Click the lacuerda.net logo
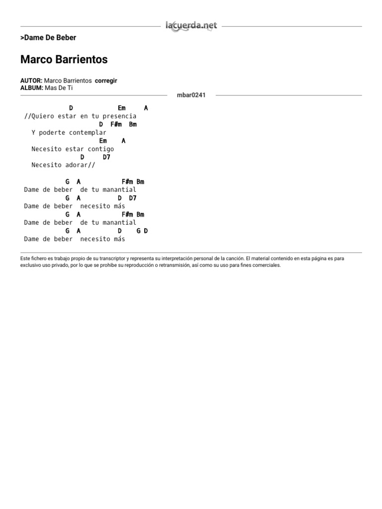pyautogui.click(x=191, y=26)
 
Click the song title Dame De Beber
pyautogui.click(x=48, y=38)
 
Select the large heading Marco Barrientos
pyautogui.click(x=64, y=60)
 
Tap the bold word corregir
pyautogui.click(x=106, y=81)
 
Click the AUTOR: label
pyautogui.click(x=31, y=81)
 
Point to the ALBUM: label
pyautogui.click(x=31, y=87)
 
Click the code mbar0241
pyautogui.click(x=191, y=95)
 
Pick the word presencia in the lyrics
pyautogui.click(x=119, y=116)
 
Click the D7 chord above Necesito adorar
pyautogui.click(x=106, y=157)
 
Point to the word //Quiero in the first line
pyautogui.click(x=37, y=116)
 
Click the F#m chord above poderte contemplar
pyautogui.click(x=116, y=124)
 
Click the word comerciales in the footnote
pyautogui.click(x=268, y=265)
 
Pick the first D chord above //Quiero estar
pyautogui.click(x=71, y=108)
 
